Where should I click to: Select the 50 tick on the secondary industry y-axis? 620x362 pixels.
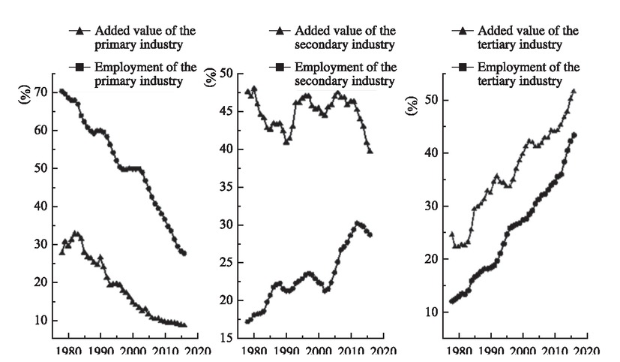pyautogui.click(x=223, y=74)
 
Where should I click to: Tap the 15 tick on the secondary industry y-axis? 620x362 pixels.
pyautogui.click(x=223, y=338)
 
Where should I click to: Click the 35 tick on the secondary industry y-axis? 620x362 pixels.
pyautogui.click(x=223, y=187)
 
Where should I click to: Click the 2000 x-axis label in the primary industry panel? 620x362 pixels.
pyautogui.click(x=133, y=351)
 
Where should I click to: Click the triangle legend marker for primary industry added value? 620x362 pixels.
pyautogui.click(x=79, y=31)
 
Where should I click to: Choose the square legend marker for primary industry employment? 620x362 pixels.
pyautogui.click(x=79, y=68)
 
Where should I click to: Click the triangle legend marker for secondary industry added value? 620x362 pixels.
pyautogui.click(x=279, y=31)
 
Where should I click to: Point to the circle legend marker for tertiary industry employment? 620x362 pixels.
pyautogui.click(x=463, y=68)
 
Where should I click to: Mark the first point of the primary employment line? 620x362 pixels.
pyautogui.click(x=61, y=92)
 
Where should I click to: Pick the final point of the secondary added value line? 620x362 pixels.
pyautogui.click(x=370, y=151)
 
